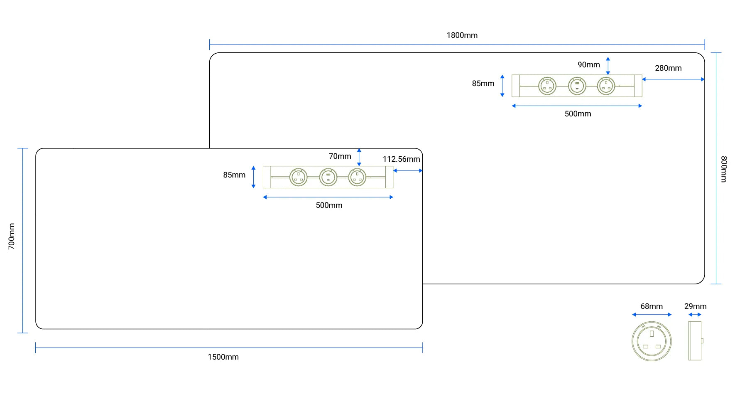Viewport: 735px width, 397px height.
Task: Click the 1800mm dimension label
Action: pyautogui.click(x=462, y=35)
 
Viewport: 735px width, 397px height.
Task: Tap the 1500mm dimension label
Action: pyautogui.click(x=223, y=357)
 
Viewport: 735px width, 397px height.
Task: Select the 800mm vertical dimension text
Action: pyautogui.click(x=724, y=169)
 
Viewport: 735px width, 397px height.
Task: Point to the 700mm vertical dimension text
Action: pyautogui.click(x=12, y=236)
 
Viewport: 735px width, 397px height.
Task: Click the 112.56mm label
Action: pyautogui.click(x=401, y=159)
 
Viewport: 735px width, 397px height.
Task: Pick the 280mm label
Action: pyautogui.click(x=668, y=68)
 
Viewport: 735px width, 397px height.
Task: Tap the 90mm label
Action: pyautogui.click(x=588, y=65)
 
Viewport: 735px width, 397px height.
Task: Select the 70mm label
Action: pyautogui.click(x=340, y=156)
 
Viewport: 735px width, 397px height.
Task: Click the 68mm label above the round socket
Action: pyautogui.click(x=652, y=306)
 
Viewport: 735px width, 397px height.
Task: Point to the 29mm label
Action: pyautogui.click(x=695, y=306)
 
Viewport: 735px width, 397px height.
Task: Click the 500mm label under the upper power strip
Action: pyautogui.click(x=578, y=114)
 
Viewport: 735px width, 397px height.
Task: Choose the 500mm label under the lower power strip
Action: pyautogui.click(x=329, y=205)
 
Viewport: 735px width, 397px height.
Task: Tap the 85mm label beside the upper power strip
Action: pyautogui.click(x=483, y=84)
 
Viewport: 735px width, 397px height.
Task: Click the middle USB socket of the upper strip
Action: pyautogui.click(x=577, y=86)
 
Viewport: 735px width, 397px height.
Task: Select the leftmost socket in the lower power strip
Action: pyautogui.click(x=298, y=177)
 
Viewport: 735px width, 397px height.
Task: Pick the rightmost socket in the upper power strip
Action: pyautogui.click(x=606, y=86)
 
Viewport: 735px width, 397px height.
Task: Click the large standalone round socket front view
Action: pyautogui.click(x=652, y=341)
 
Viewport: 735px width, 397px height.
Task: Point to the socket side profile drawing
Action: pyautogui.click(x=695, y=341)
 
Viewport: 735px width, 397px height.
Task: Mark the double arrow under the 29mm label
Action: pyautogui.click(x=695, y=315)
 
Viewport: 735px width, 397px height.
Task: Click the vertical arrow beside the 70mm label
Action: pyautogui.click(x=359, y=157)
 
